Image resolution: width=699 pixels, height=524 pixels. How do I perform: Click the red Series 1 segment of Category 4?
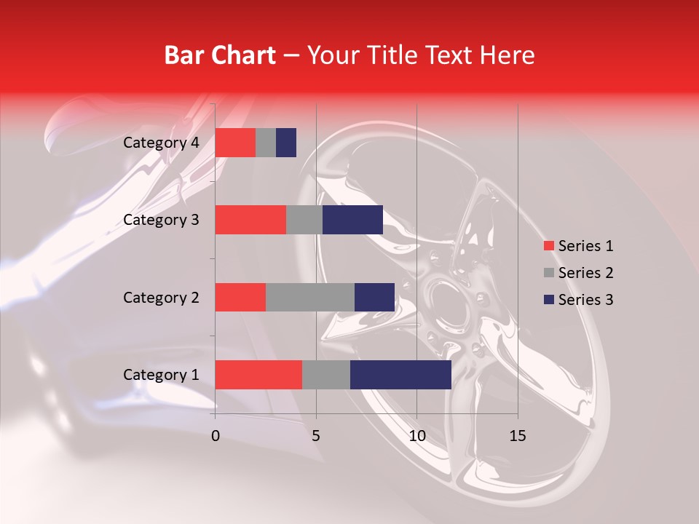(235, 143)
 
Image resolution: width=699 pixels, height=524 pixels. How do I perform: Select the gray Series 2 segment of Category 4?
(266, 143)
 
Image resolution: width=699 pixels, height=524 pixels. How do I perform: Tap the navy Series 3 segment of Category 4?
(286, 143)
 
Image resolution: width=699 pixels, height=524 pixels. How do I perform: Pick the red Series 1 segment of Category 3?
(250, 220)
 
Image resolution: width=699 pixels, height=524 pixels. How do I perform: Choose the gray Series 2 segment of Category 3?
(304, 220)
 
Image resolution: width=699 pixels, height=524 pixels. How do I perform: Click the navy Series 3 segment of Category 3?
(352, 220)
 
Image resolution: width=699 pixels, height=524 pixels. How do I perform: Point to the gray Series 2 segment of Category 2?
(310, 297)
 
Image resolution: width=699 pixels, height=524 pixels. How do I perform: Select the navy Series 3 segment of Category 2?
(374, 297)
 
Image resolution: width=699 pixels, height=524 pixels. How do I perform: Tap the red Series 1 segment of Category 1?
(258, 375)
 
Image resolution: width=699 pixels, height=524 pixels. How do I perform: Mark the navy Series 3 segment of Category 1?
(400, 375)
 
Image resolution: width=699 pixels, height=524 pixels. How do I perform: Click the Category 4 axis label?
(161, 143)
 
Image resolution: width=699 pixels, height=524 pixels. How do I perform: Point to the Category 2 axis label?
(161, 297)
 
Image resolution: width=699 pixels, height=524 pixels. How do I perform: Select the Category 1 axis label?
(161, 375)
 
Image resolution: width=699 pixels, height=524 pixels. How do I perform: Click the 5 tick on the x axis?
(316, 436)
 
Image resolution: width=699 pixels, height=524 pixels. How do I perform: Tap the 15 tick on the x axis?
(517, 436)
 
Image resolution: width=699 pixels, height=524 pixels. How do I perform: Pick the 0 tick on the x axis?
(216, 436)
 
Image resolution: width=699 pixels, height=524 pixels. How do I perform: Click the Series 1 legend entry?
(578, 246)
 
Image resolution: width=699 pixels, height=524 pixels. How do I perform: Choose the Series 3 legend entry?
(578, 300)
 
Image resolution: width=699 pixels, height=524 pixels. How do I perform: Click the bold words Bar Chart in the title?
(219, 55)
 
